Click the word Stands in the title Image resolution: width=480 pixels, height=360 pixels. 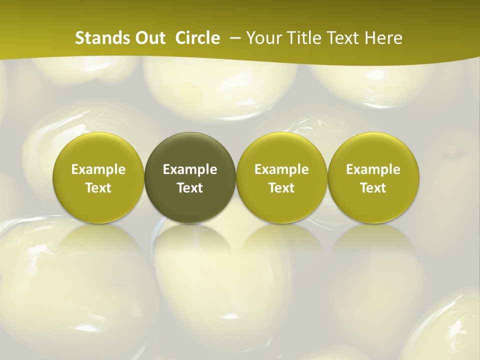click(x=98, y=38)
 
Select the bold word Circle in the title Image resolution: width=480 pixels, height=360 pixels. click(x=197, y=38)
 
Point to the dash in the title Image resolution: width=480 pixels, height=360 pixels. click(x=233, y=38)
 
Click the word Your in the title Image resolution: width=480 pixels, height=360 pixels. click(x=263, y=38)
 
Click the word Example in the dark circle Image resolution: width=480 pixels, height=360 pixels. click(x=190, y=169)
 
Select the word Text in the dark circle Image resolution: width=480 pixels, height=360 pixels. click(x=190, y=188)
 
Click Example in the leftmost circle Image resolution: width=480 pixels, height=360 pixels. click(x=98, y=169)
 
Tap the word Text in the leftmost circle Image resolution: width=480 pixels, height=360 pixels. click(x=98, y=188)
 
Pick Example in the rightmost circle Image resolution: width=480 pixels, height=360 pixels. click(x=373, y=169)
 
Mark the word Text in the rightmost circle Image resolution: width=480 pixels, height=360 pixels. click(x=373, y=188)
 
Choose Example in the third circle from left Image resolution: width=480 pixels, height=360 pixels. click(x=281, y=169)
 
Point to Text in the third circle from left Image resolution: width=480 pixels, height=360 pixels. click(x=281, y=188)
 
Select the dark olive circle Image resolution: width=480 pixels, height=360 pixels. click(x=190, y=150)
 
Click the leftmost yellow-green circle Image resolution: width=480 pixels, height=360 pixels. click(x=98, y=150)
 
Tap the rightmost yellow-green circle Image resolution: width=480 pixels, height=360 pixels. click(x=373, y=150)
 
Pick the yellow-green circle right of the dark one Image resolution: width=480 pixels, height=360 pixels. click(x=281, y=150)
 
